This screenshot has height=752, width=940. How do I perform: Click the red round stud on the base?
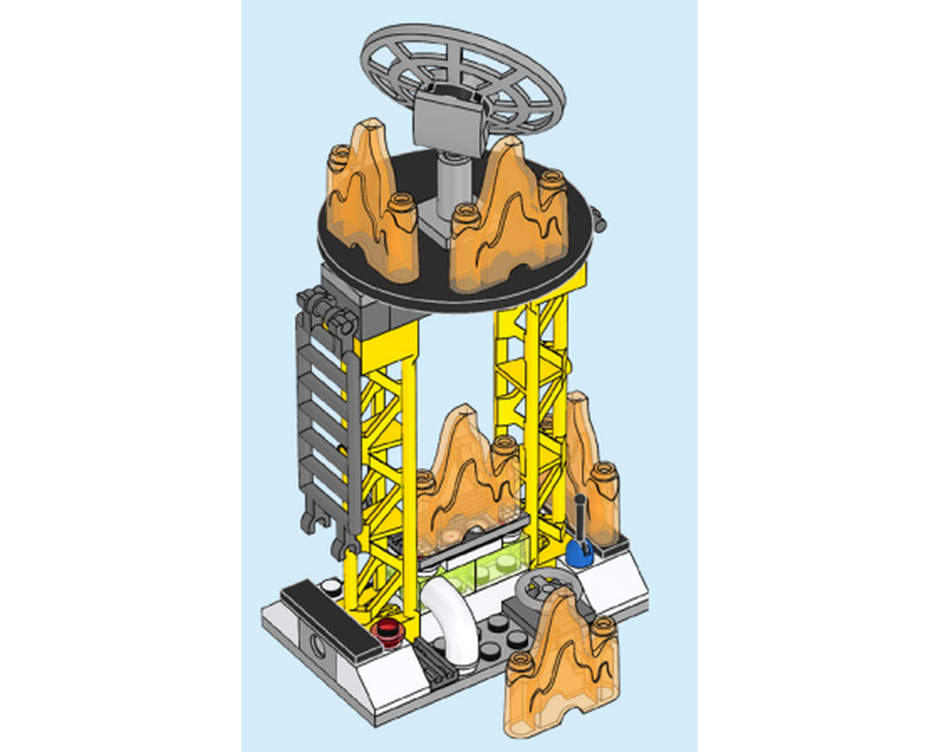tap(387, 629)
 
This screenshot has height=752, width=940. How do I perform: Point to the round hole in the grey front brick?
tap(316, 647)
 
